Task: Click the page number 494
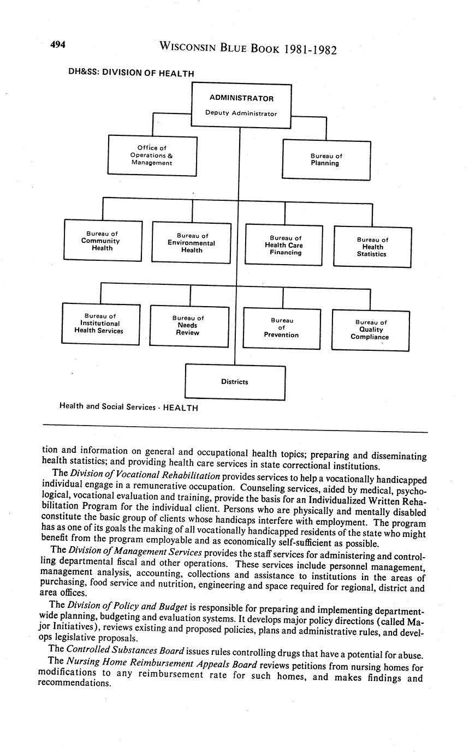click(x=58, y=45)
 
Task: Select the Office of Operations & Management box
click(x=152, y=156)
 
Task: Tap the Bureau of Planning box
click(x=326, y=160)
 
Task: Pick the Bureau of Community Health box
click(x=103, y=240)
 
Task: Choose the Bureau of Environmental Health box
click(x=191, y=243)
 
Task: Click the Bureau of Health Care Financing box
click(x=284, y=246)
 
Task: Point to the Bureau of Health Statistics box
click(x=372, y=247)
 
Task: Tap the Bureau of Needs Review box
click(x=188, y=326)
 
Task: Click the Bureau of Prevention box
click(x=281, y=328)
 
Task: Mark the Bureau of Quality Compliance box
click(x=370, y=330)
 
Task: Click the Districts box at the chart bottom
click(x=235, y=382)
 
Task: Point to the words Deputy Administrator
click(x=241, y=113)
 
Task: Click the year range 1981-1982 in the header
click(x=308, y=50)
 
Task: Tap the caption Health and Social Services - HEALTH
click(x=128, y=408)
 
